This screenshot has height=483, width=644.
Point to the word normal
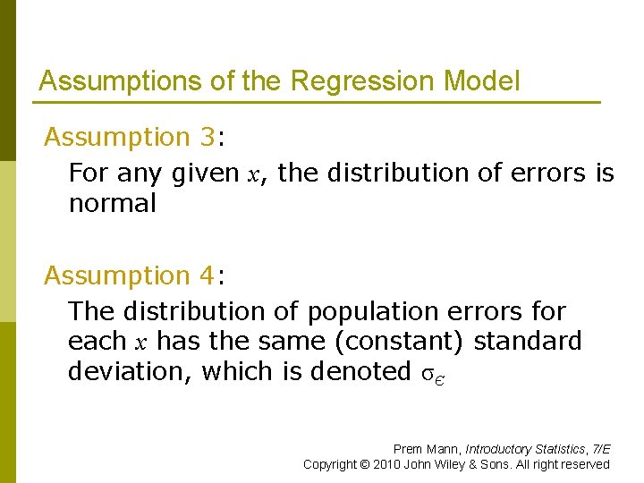click(112, 203)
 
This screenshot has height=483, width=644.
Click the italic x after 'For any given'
click(254, 174)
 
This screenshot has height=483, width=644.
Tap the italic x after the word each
click(140, 342)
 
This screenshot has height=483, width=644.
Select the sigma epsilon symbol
click(432, 373)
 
